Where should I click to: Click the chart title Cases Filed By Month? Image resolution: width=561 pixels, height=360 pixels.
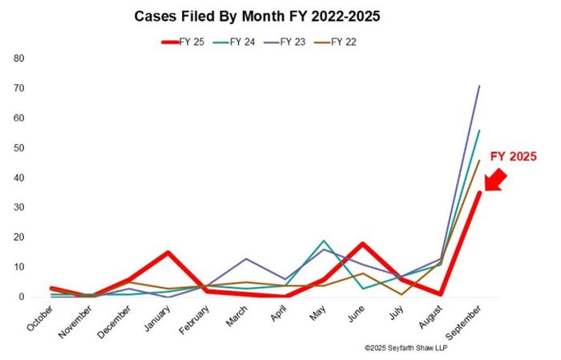[x=280, y=14]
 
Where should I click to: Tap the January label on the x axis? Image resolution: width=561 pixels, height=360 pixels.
[x=155, y=315]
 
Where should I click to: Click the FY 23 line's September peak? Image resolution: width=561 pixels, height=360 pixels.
[x=479, y=86]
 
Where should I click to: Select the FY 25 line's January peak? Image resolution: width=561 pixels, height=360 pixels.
[x=167, y=253]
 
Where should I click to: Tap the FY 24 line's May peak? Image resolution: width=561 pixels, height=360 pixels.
[x=323, y=241]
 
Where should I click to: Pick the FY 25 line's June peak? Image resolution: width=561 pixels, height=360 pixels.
[x=362, y=244]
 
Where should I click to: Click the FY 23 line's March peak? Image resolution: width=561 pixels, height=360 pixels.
[x=245, y=259]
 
